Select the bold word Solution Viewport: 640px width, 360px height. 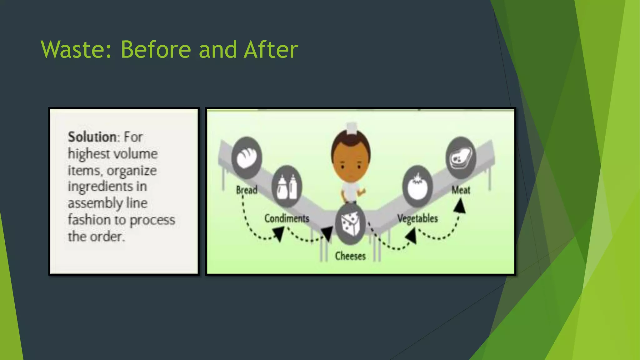coord(92,137)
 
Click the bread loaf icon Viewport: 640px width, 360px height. coord(247,157)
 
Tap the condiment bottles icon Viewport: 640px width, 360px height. coord(287,187)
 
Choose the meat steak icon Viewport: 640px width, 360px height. coord(461,158)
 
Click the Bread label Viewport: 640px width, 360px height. coord(247,190)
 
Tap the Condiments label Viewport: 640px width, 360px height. coord(287,218)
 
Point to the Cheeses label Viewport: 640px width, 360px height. coord(350,256)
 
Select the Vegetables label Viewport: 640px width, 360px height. coord(417,218)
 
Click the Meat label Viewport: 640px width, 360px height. coord(461,190)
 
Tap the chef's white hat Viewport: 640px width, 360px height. coord(352,127)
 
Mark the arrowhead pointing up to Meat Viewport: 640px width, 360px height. coord(460,206)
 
